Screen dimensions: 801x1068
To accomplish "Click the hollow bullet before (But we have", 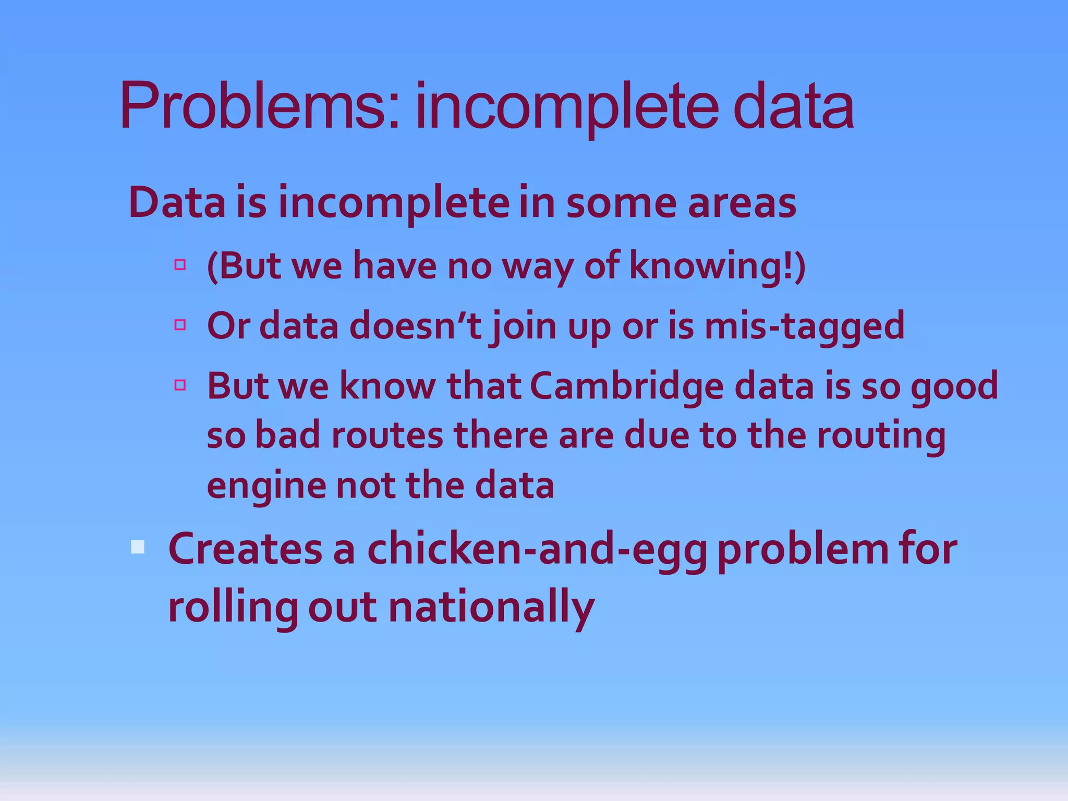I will [180, 264].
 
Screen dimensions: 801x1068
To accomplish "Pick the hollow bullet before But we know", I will [180, 385].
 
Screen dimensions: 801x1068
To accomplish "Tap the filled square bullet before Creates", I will [138, 547].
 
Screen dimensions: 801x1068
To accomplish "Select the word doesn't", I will [415, 325].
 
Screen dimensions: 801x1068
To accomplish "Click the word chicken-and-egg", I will [537, 550].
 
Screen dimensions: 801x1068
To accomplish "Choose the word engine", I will [266, 486].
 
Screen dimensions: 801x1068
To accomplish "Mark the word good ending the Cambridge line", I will [954, 387].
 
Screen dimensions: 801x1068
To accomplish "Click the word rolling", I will [233, 608].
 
